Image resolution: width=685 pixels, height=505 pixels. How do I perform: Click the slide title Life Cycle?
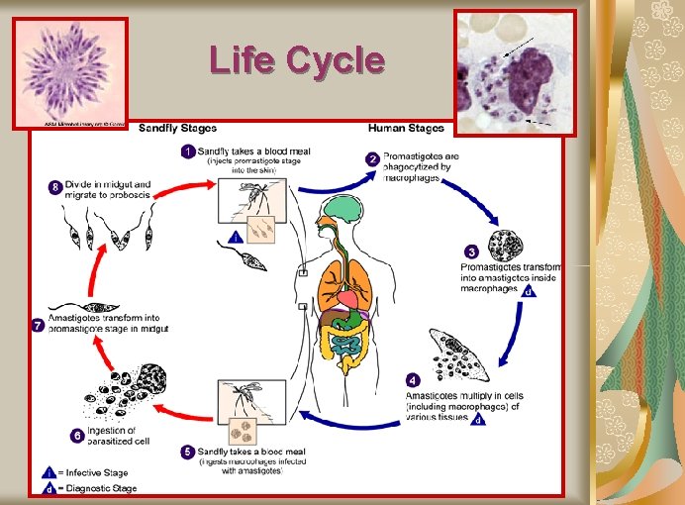coord(296,61)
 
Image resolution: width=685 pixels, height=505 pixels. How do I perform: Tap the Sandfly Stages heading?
coord(178,128)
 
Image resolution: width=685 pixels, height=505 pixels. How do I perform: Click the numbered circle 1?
coord(186,151)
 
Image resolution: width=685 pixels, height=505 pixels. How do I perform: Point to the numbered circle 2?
coord(372,158)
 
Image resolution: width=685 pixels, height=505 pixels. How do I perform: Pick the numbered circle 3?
coord(471,252)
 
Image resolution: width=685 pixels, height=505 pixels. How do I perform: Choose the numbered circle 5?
coord(187,452)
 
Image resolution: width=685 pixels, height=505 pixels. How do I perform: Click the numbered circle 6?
coord(76,434)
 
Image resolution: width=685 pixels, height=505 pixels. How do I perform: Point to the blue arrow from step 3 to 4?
coord(516,326)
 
